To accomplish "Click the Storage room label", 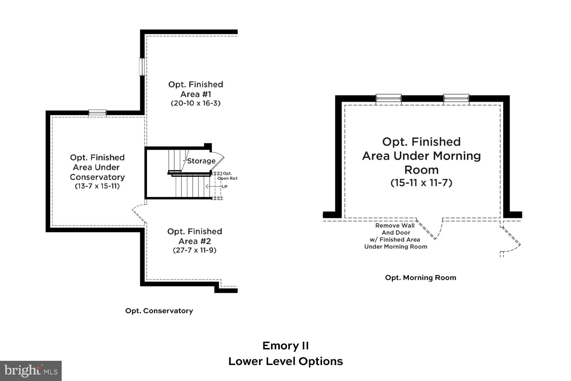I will click(x=201, y=161).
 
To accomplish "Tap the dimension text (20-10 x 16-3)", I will click(x=195, y=103).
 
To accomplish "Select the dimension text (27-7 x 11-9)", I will click(x=195, y=250).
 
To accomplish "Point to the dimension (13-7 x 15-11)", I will click(x=97, y=186).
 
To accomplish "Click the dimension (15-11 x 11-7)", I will click(x=421, y=183).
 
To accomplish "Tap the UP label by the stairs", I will click(x=225, y=187).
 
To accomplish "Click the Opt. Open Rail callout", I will click(x=227, y=176).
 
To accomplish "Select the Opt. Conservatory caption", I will click(x=159, y=311).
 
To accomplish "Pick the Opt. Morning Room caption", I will click(x=420, y=278).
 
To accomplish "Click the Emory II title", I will click(x=285, y=346).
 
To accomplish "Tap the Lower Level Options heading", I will click(x=285, y=362).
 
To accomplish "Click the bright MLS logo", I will click(x=30, y=371).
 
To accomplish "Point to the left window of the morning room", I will click(x=388, y=99).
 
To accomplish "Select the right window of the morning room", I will click(x=456, y=99).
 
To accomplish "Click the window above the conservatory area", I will click(x=97, y=113).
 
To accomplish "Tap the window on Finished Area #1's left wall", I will click(x=143, y=67).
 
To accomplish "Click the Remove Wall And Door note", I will click(x=396, y=236).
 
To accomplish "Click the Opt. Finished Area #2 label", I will click(x=195, y=236).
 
